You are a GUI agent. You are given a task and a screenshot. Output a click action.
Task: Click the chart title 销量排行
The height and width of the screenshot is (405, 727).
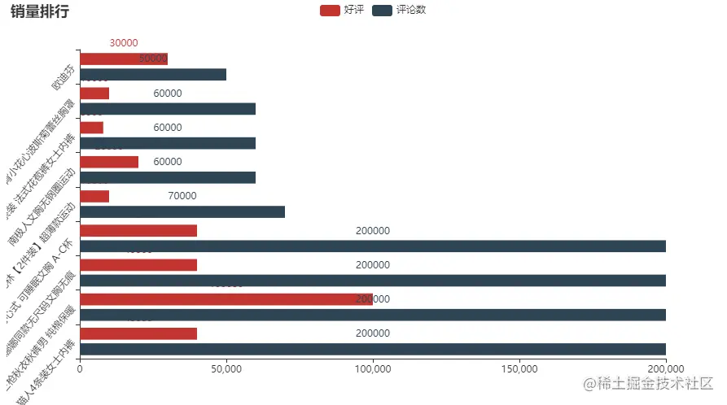click(x=40, y=11)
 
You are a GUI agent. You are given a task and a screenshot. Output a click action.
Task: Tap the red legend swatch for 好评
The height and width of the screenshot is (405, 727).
click(x=330, y=11)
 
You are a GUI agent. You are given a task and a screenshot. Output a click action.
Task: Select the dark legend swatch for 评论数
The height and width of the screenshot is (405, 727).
click(x=381, y=11)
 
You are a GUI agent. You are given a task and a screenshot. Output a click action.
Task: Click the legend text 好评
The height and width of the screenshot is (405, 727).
click(x=354, y=11)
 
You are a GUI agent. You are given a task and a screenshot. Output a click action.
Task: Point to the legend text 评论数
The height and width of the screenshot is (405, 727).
click(x=411, y=11)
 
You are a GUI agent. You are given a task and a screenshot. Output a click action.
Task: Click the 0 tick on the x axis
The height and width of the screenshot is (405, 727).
click(x=80, y=368)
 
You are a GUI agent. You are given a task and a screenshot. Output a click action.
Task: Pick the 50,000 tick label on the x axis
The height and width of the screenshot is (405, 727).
click(x=226, y=368)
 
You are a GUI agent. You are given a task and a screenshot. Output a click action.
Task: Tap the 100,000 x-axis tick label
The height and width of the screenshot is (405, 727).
click(x=372, y=368)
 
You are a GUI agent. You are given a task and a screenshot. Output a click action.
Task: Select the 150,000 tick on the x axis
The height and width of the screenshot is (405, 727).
click(x=519, y=368)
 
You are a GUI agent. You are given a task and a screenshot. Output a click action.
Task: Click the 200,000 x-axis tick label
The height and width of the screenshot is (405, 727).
click(x=665, y=368)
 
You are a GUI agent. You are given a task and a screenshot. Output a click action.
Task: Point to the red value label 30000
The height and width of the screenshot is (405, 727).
click(x=124, y=43)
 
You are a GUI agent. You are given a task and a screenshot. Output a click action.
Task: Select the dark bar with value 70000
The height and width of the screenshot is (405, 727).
click(x=182, y=212)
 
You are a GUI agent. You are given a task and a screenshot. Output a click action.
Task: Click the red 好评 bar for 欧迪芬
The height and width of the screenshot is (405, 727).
click(x=124, y=59)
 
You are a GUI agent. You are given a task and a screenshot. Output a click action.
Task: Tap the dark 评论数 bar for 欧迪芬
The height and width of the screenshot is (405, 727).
click(x=153, y=75)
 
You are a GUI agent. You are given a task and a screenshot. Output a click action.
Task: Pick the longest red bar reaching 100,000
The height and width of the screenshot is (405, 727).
click(x=226, y=298)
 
